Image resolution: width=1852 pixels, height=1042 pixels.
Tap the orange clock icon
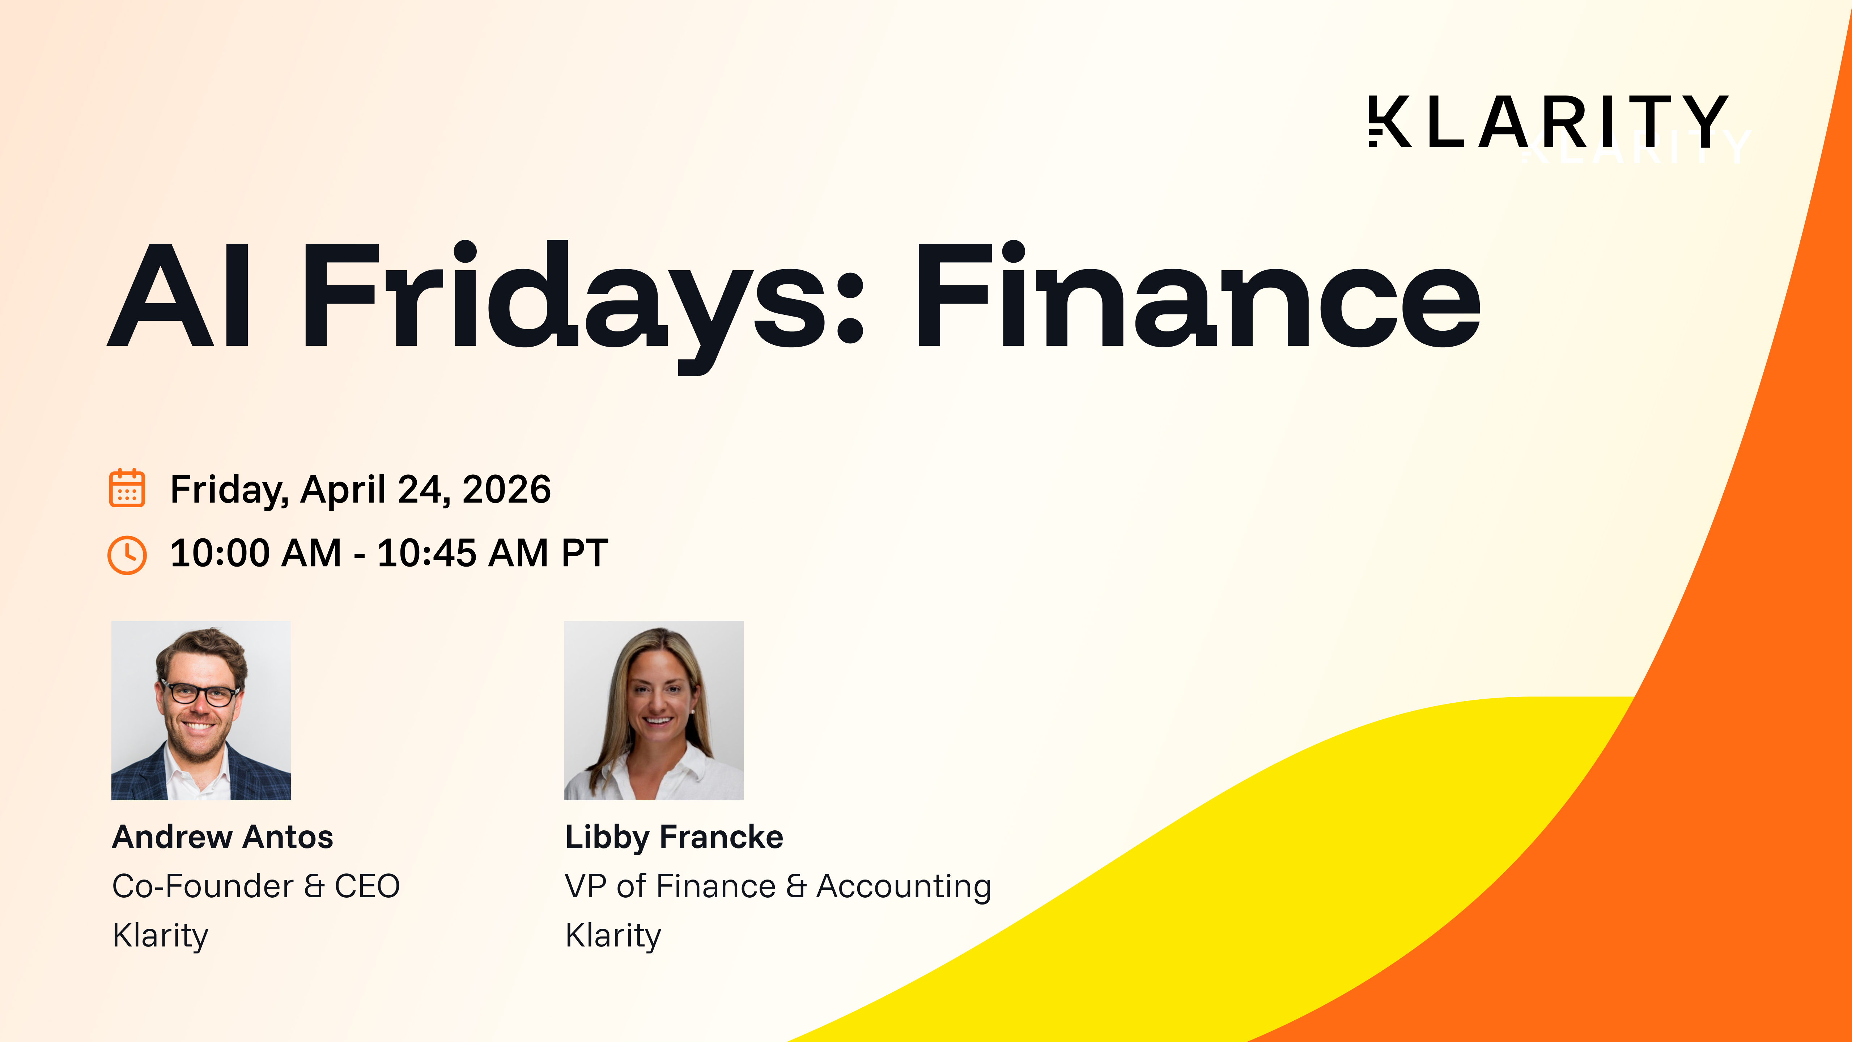click(x=127, y=554)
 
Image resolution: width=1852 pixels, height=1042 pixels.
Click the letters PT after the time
click(x=585, y=553)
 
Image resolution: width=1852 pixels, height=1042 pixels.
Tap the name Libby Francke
click(x=674, y=837)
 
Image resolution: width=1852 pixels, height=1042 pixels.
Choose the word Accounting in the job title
click(x=904, y=886)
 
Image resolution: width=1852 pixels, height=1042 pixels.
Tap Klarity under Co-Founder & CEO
click(x=160, y=936)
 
